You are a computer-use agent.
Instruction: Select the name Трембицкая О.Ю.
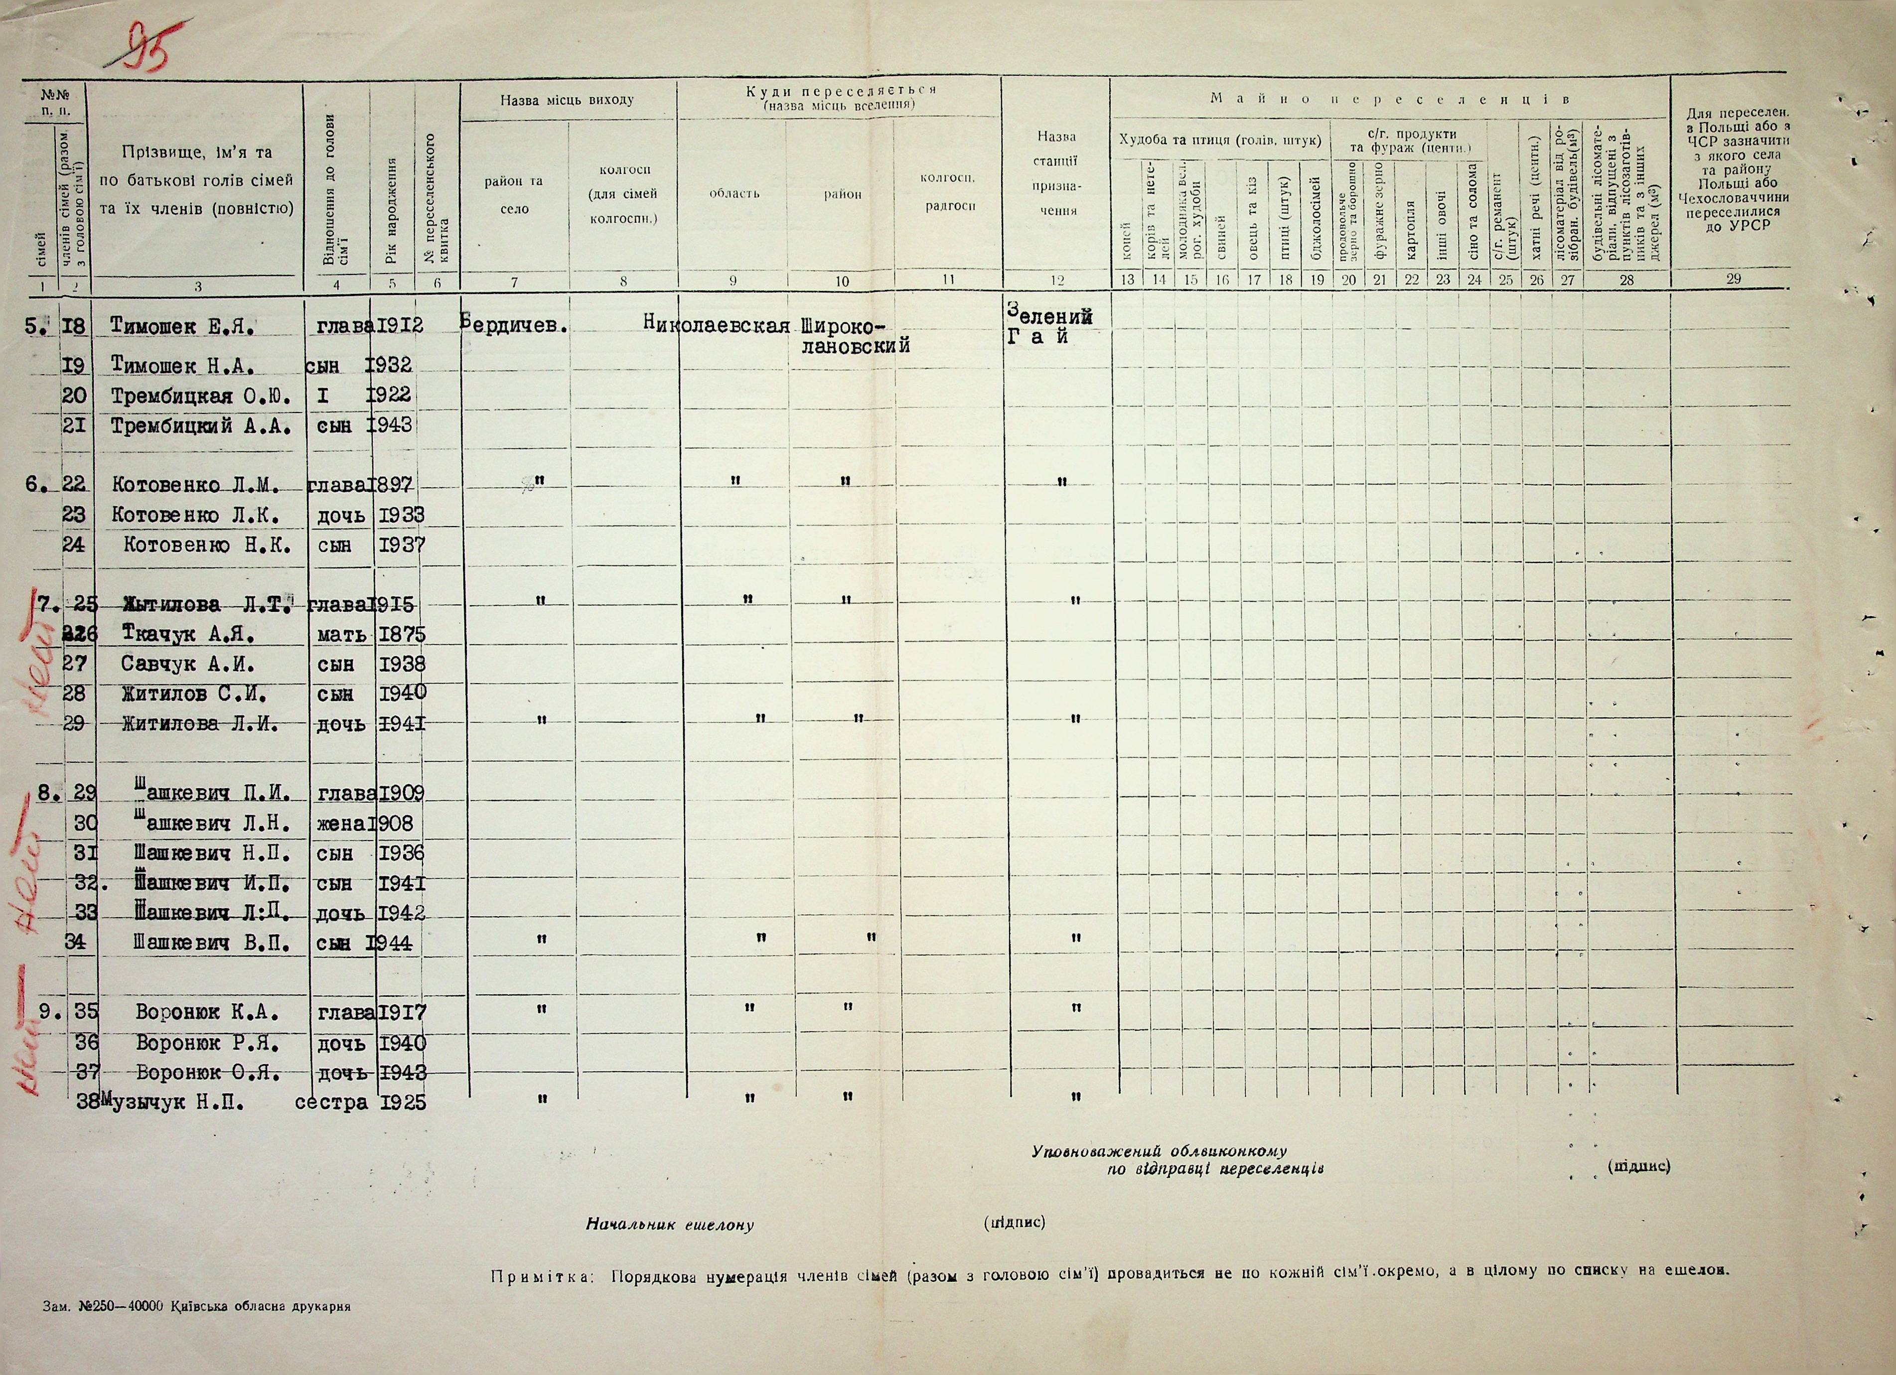[x=201, y=396]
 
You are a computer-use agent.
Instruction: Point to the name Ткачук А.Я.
[x=187, y=634]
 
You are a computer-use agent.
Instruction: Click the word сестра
[x=331, y=1102]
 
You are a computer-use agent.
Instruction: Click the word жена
[x=338, y=824]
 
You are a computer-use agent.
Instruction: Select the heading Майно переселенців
[x=1389, y=99]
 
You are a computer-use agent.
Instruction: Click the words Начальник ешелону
[x=670, y=1226]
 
